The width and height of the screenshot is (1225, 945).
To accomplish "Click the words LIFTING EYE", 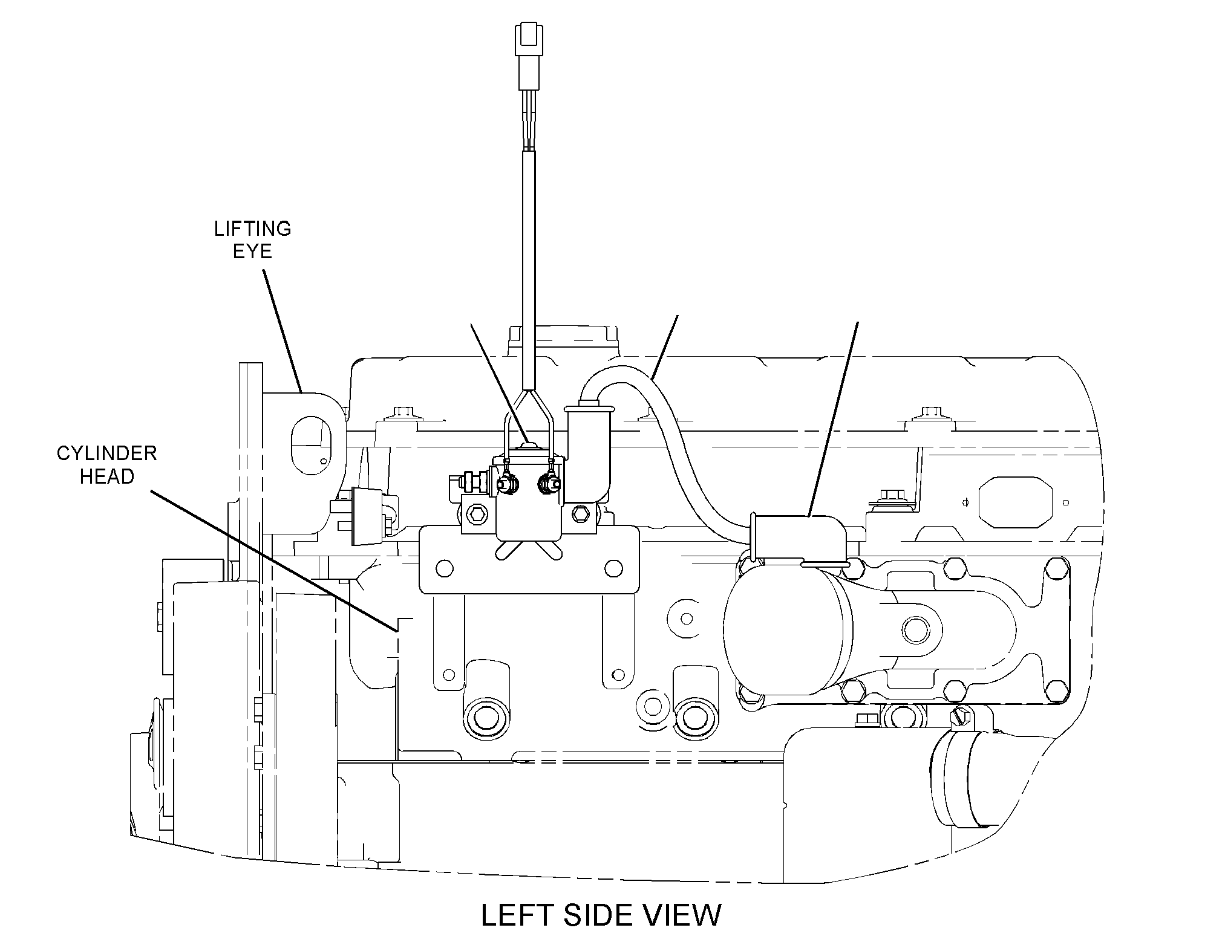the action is [253, 239].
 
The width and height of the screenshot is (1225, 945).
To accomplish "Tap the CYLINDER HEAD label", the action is [107, 464].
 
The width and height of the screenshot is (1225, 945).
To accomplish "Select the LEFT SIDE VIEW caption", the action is [601, 915].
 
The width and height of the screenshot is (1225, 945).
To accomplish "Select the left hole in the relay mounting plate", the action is [445, 568].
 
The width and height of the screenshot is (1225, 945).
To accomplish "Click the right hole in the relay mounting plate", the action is [613, 568].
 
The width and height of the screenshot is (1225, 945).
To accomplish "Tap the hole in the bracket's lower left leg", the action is [448, 674].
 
